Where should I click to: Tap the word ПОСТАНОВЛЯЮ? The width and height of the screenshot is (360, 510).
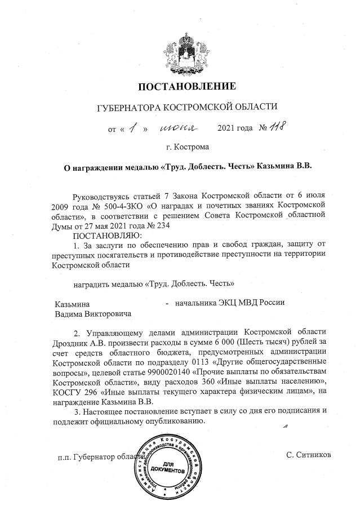pos(108,235)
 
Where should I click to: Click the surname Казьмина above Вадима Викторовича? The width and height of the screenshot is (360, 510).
pos(72,303)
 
